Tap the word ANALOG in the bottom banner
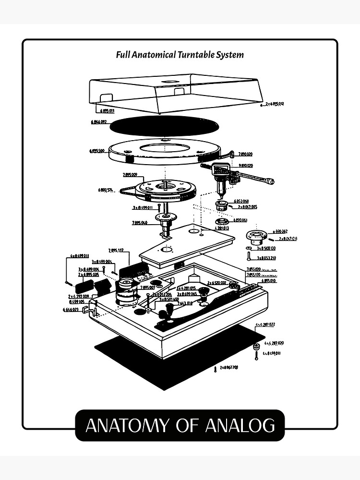click(240, 425)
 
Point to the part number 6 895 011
click(104, 110)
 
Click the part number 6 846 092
click(98, 122)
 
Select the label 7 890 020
click(245, 154)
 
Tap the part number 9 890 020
click(245, 166)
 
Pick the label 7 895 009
click(130, 174)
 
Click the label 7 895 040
click(140, 223)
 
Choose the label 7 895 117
click(116, 250)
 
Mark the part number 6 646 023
click(71, 310)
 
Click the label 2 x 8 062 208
click(228, 367)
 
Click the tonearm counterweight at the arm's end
click(270, 181)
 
